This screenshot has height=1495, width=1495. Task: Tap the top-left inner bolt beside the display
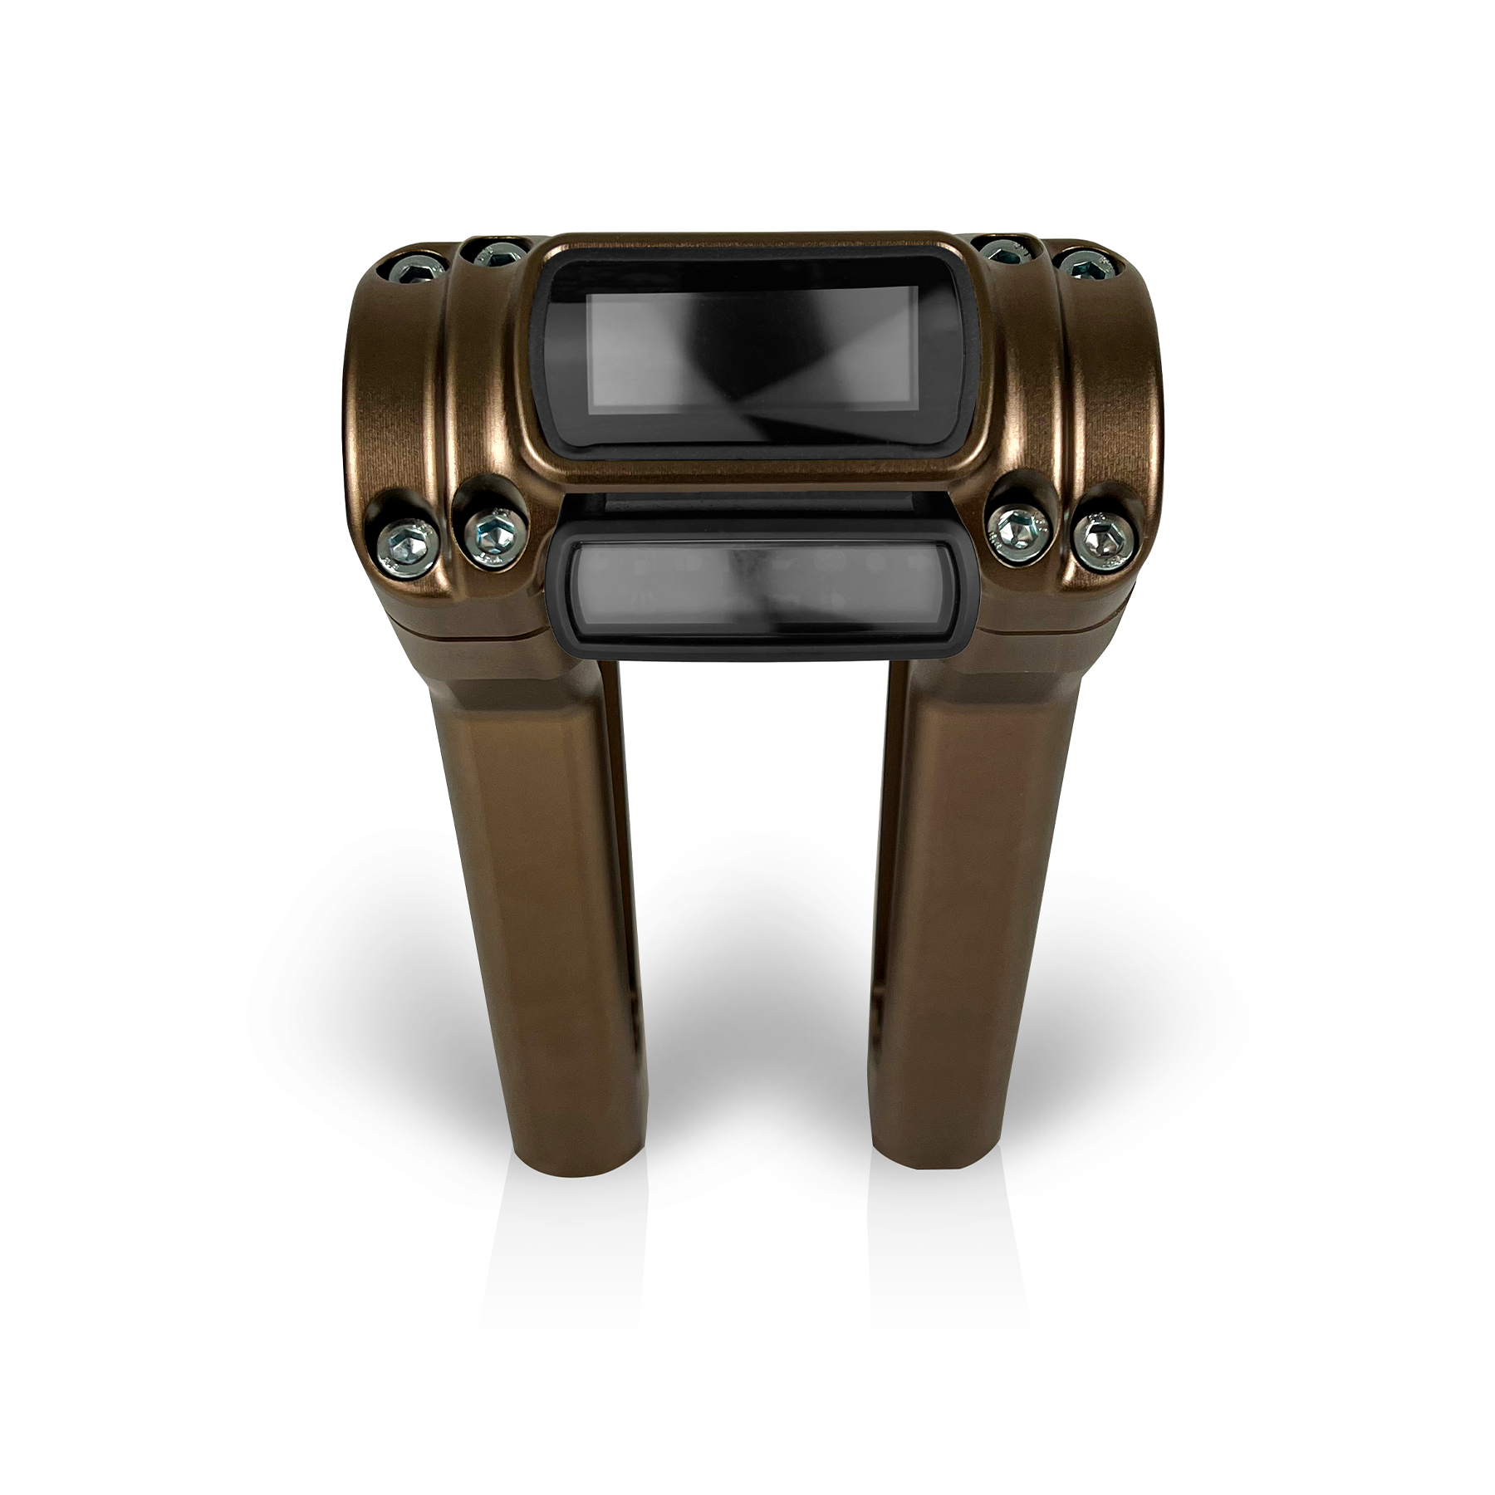coord(496,253)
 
